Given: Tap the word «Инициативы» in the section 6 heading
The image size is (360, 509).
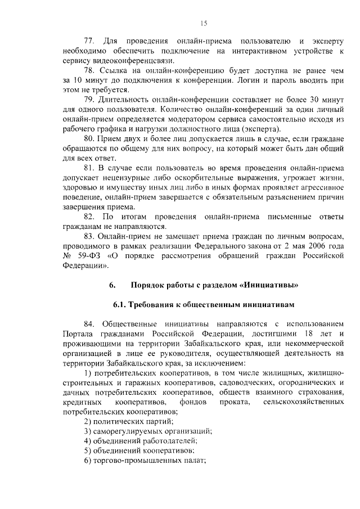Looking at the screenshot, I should (x=268, y=286).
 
